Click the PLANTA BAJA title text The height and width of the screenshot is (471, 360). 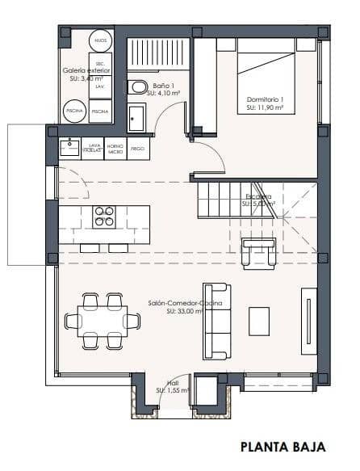[283, 446]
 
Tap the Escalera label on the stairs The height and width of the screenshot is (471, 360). [260, 200]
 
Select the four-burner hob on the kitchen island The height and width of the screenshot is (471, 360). [104, 217]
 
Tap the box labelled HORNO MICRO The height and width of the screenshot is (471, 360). [115, 149]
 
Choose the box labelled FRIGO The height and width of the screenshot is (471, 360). [137, 149]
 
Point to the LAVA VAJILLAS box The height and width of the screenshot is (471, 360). [92, 149]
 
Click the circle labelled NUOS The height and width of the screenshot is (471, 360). [100, 40]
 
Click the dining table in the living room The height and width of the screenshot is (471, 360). [103, 321]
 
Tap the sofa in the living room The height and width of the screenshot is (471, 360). [216, 321]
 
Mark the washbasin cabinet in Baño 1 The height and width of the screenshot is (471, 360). [136, 120]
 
